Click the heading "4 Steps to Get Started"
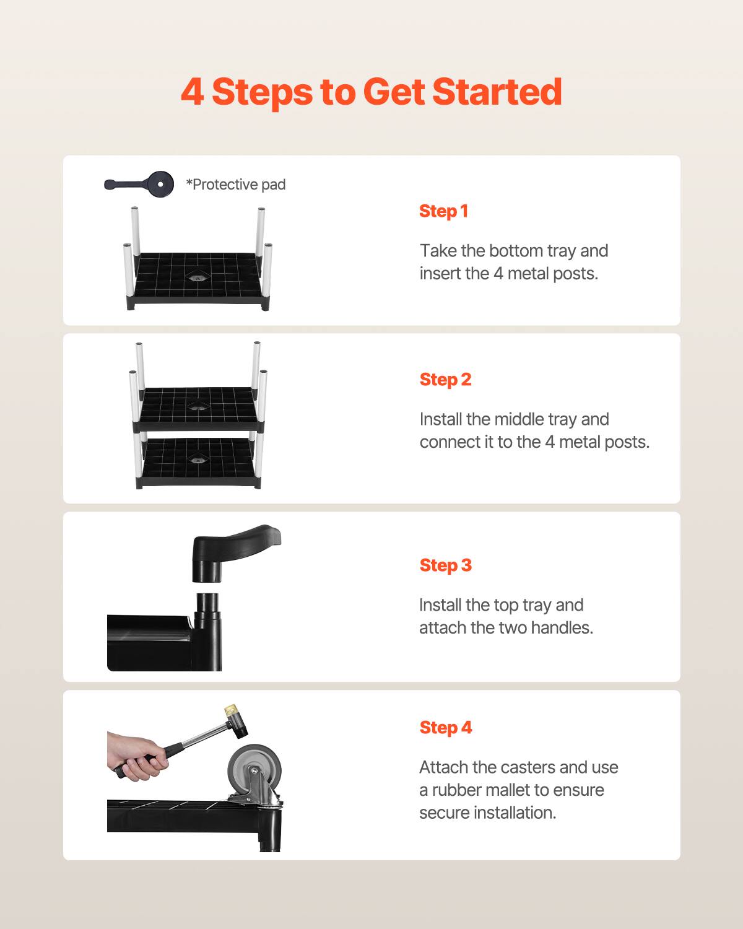[x=371, y=92]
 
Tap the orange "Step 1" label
[x=443, y=211]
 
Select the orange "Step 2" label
[x=445, y=380]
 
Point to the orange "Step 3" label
[x=445, y=565]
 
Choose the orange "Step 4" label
[x=445, y=728]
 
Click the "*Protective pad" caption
[x=236, y=185]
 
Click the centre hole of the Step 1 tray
[x=198, y=277]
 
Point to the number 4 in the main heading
[x=193, y=92]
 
